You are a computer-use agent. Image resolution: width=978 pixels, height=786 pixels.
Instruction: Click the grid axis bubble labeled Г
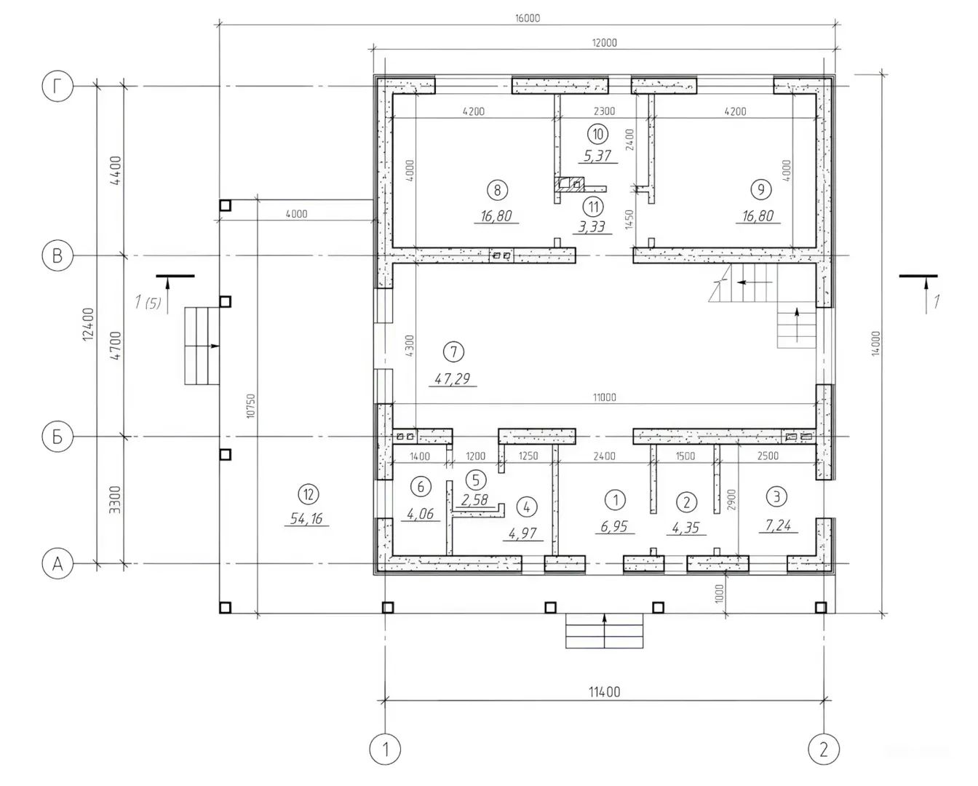click(x=57, y=86)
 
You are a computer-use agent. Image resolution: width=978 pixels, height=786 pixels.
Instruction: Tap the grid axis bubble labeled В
click(x=57, y=255)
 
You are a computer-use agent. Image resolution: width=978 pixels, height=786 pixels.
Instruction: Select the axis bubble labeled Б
click(x=57, y=437)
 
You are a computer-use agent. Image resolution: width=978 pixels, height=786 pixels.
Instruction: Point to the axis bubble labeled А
click(x=57, y=564)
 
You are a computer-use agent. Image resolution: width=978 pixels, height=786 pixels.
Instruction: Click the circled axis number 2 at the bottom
click(x=824, y=749)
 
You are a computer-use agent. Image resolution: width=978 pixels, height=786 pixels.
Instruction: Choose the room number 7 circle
click(x=453, y=352)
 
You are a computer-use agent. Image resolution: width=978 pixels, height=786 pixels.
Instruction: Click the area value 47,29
click(x=452, y=378)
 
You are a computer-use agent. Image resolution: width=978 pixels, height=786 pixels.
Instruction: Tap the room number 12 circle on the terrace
click(x=309, y=494)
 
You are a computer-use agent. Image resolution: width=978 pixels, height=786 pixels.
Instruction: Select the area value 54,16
click(x=307, y=518)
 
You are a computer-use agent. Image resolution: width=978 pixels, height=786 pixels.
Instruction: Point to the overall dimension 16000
click(x=527, y=18)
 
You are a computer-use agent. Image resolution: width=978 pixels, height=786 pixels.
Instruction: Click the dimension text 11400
click(x=605, y=692)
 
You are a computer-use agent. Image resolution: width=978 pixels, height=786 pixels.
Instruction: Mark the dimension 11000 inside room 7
click(x=605, y=397)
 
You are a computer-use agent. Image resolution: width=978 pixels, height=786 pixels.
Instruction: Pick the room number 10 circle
click(x=597, y=134)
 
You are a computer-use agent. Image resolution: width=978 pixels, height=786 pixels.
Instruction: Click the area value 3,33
click(x=592, y=226)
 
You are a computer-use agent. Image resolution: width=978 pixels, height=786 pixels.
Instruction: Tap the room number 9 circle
click(x=761, y=189)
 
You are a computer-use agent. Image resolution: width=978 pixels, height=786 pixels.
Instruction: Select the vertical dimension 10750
click(x=251, y=406)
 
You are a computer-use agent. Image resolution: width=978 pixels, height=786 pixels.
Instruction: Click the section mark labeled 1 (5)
click(x=148, y=302)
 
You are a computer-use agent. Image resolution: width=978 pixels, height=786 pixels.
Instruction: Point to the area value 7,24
click(x=778, y=525)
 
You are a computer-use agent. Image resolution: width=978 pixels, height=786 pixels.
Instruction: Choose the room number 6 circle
click(x=421, y=486)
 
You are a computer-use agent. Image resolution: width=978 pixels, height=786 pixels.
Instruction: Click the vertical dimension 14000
click(x=876, y=344)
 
